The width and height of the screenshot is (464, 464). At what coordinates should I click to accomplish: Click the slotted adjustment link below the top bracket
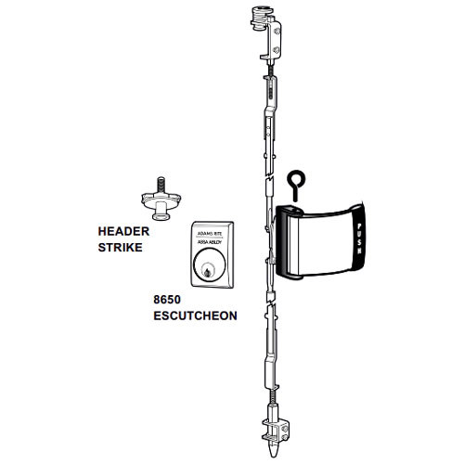click(x=272, y=93)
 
